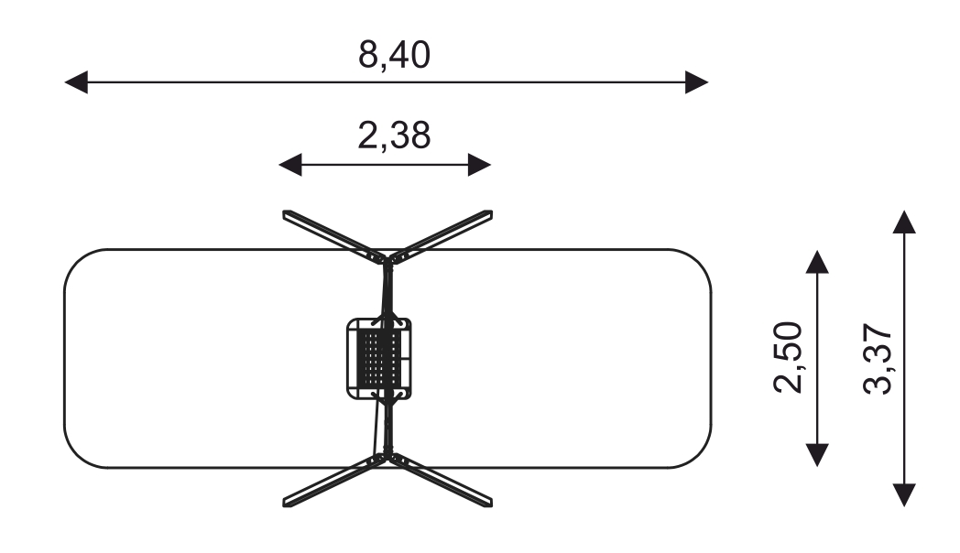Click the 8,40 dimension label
(x=394, y=55)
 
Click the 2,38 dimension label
(x=394, y=136)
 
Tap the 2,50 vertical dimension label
(x=789, y=357)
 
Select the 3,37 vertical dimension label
(x=878, y=358)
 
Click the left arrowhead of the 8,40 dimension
(x=76, y=82)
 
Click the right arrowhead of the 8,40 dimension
(x=697, y=82)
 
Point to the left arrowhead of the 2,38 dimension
(x=290, y=165)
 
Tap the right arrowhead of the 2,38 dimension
(x=479, y=165)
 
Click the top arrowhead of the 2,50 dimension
(x=817, y=261)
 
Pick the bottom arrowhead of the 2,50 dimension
(x=817, y=455)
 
